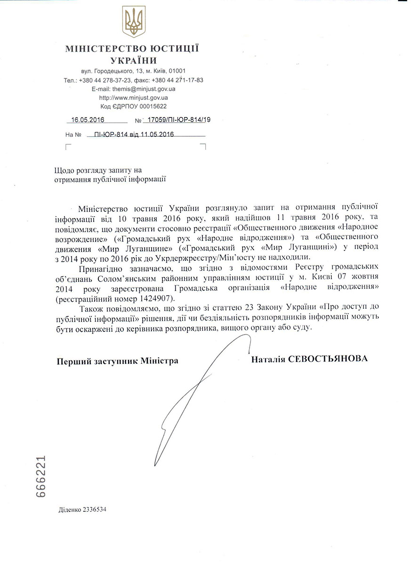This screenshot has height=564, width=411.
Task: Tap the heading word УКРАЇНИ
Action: pyautogui.click(x=134, y=60)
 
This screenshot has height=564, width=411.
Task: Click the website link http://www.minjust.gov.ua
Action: pyautogui.click(x=133, y=98)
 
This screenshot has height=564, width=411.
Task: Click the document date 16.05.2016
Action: pyautogui.click(x=88, y=120)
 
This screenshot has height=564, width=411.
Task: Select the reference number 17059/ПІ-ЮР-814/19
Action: pyautogui.click(x=179, y=120)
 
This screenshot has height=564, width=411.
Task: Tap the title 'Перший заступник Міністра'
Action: pyautogui.click(x=117, y=361)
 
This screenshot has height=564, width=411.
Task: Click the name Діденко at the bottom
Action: pyautogui.click(x=71, y=509)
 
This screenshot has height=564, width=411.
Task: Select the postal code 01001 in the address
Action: pyautogui.click(x=183, y=71)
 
